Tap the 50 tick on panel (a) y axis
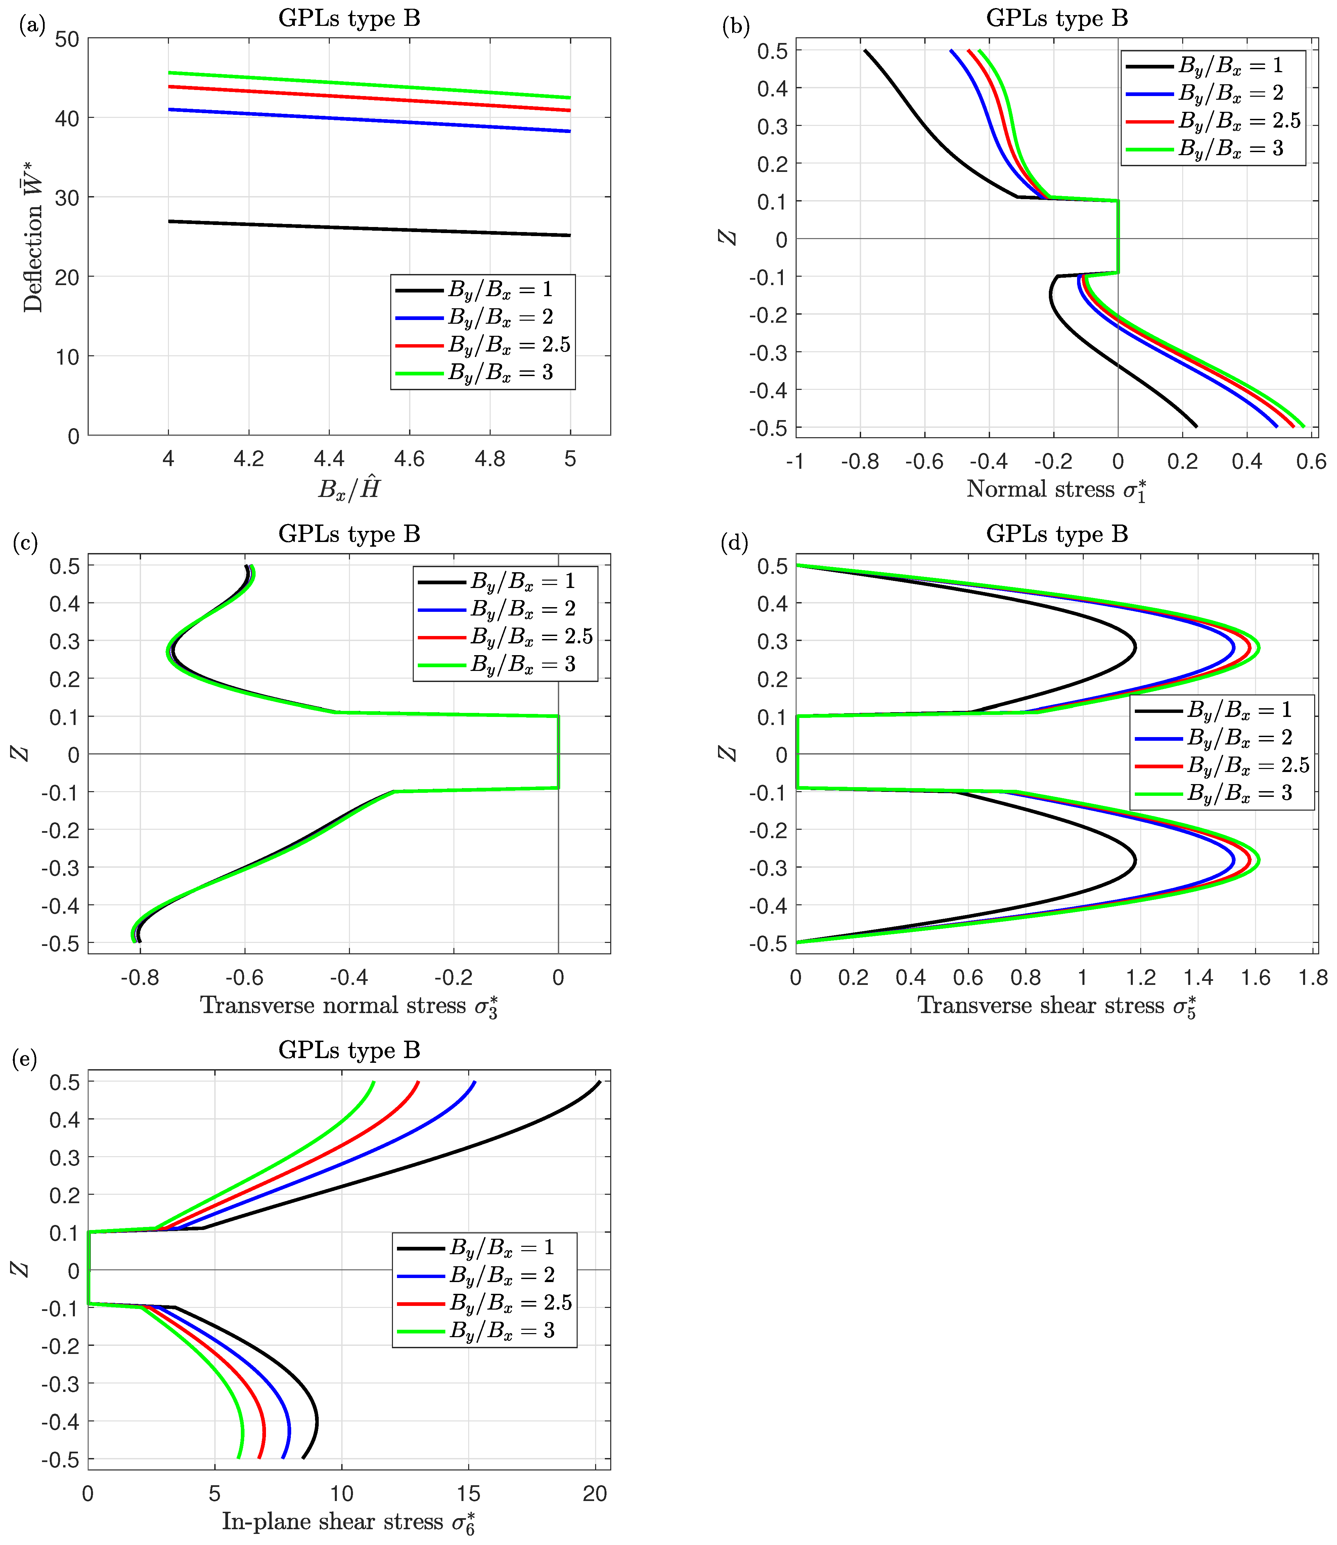(x=67, y=39)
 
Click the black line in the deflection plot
(x=369, y=228)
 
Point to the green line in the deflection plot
(x=369, y=85)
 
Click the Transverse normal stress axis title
(x=349, y=1006)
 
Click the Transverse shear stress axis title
(x=1057, y=1006)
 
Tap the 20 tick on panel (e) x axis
(x=595, y=1494)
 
